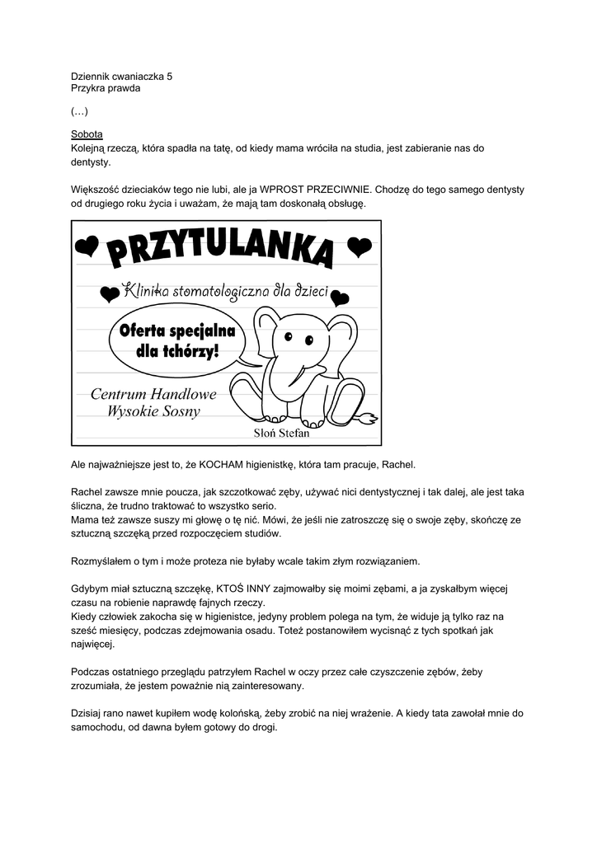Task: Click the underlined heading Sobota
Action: [x=86, y=135]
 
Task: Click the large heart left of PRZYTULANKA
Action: [x=87, y=246]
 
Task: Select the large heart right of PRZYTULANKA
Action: [x=359, y=246]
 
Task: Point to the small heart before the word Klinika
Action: [x=107, y=293]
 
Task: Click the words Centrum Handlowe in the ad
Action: [x=153, y=394]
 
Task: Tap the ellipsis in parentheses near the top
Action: [x=79, y=111]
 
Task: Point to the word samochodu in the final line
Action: [x=100, y=729]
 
